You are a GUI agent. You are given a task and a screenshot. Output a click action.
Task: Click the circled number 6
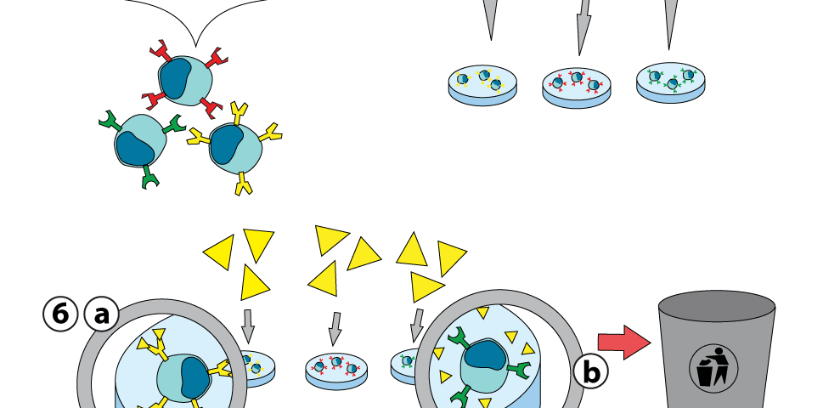tap(59, 315)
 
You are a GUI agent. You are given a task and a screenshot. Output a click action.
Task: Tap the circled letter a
tap(101, 315)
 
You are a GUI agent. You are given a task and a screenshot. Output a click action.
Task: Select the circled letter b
tap(590, 371)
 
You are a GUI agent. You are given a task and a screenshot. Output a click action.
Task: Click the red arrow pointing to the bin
tap(623, 342)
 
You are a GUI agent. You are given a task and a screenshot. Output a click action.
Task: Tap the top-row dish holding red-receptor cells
tap(577, 86)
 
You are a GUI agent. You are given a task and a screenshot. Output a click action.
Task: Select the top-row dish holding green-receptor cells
tap(671, 82)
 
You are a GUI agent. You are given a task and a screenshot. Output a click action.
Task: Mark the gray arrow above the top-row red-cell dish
tap(582, 25)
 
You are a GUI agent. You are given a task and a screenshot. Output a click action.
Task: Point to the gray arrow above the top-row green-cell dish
tap(670, 21)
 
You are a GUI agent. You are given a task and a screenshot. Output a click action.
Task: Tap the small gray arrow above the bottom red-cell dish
tap(335, 328)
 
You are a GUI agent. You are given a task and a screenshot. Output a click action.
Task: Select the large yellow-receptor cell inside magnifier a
tap(183, 374)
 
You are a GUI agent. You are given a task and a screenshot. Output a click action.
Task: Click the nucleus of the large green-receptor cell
tap(484, 358)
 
